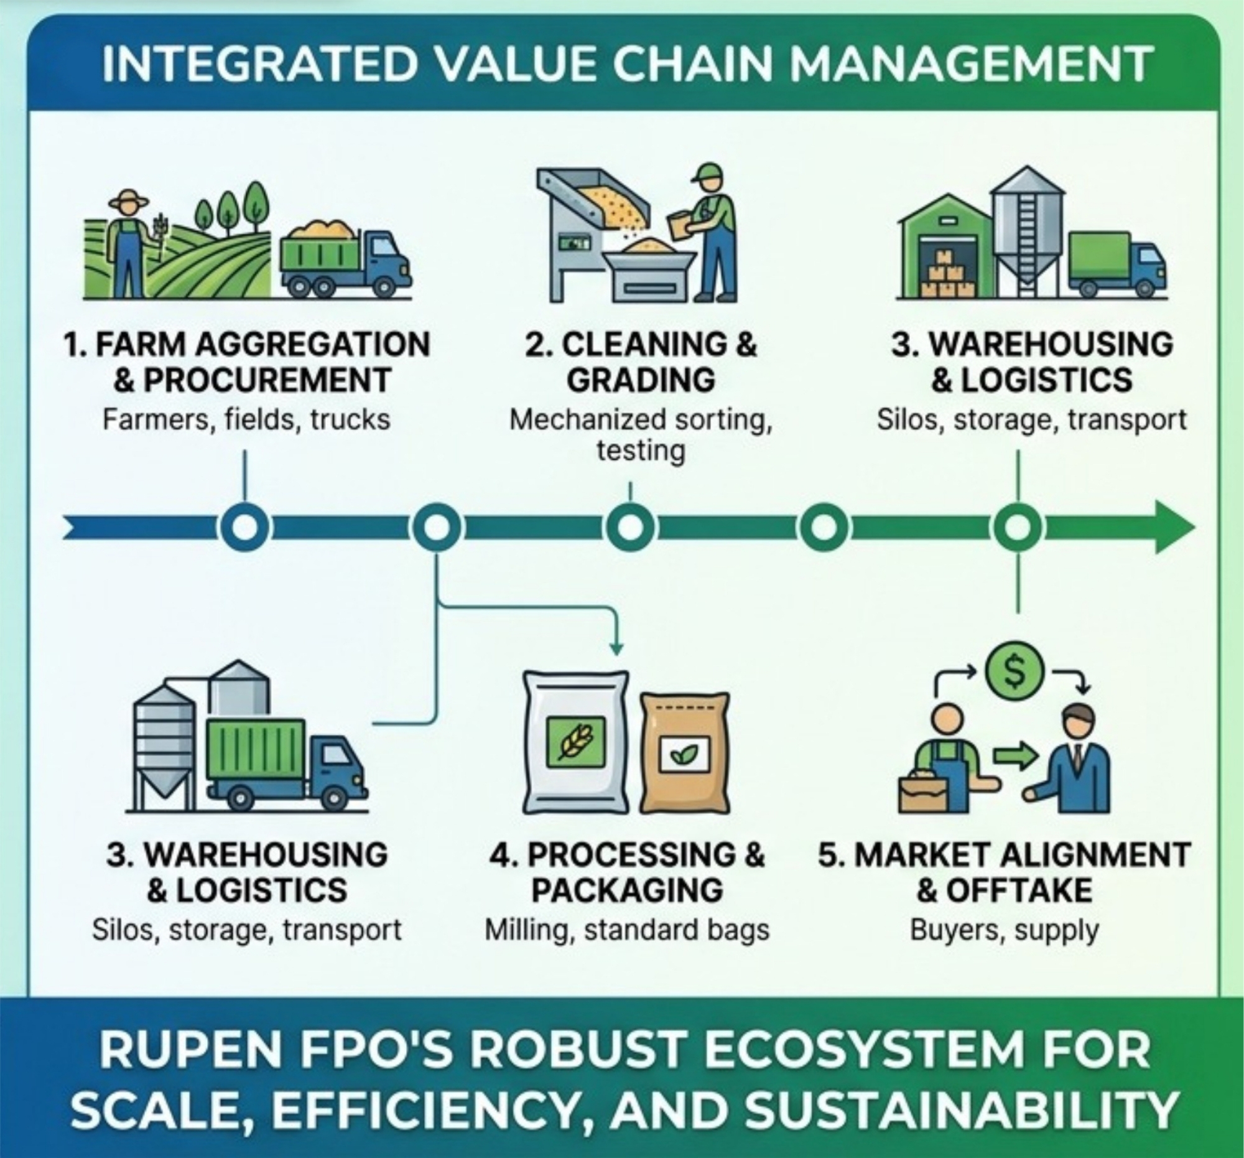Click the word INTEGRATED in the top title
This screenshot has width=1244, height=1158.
point(258,65)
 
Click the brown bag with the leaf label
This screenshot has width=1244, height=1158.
point(685,753)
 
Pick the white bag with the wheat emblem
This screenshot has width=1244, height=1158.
point(576,742)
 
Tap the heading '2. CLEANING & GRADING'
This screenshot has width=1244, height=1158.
point(641,362)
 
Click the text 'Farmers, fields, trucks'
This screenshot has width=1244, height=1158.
point(246,419)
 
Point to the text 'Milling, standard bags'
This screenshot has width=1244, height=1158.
point(627,930)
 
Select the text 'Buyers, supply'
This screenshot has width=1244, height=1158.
point(1005,931)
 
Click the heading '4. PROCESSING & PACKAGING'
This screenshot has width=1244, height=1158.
point(627,872)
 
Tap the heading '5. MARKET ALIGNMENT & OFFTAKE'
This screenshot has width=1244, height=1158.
point(1004,872)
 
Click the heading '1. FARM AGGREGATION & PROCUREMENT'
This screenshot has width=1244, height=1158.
point(246,362)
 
